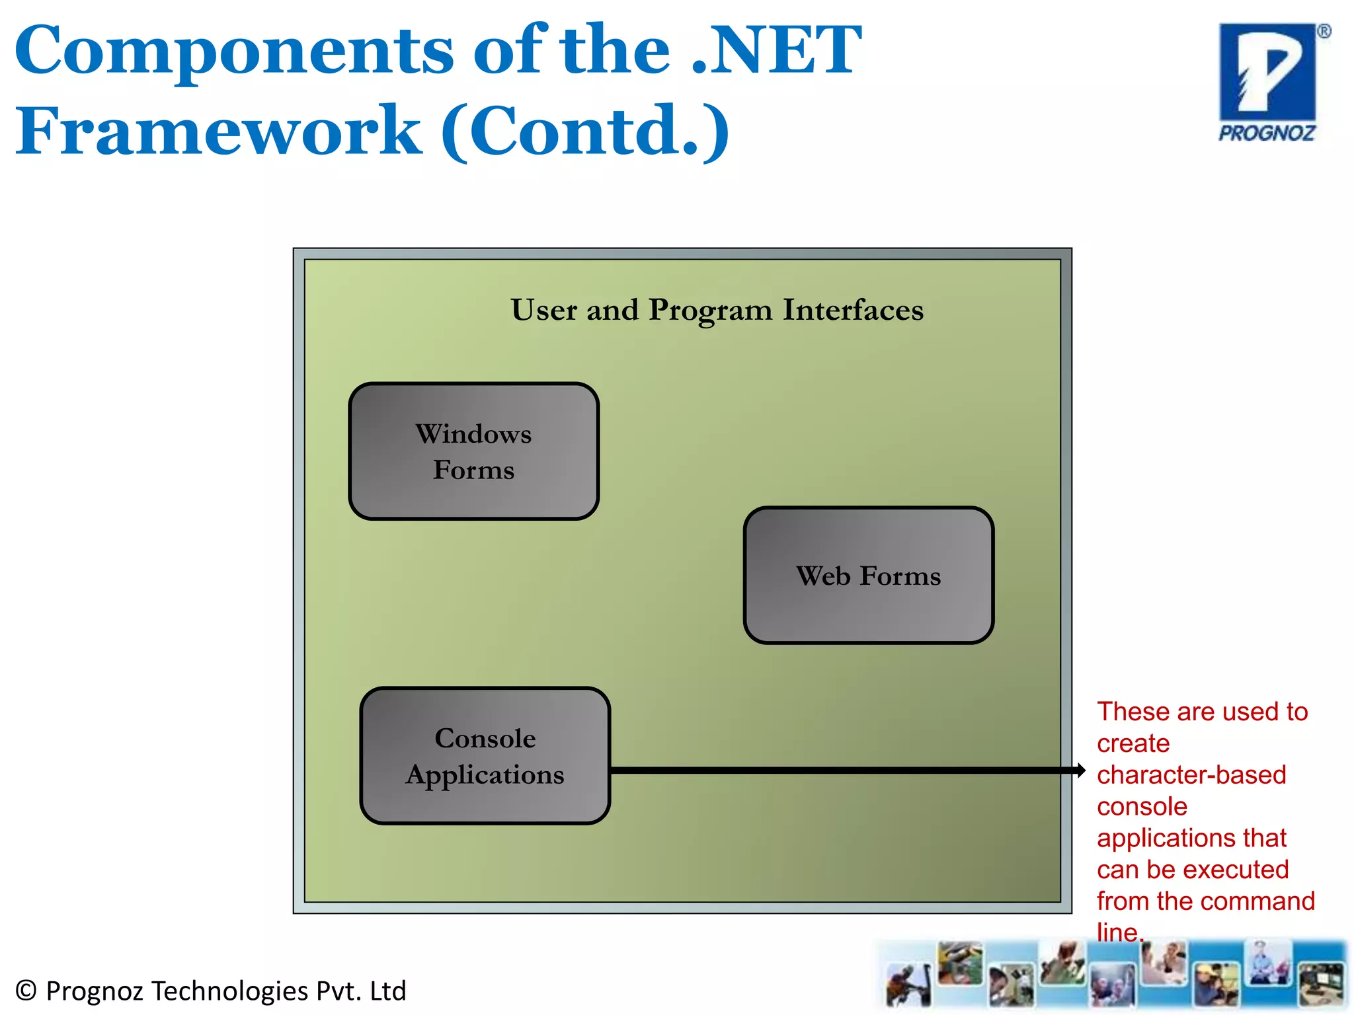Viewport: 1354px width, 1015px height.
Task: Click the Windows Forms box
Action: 473,451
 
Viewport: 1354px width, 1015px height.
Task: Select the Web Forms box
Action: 868,576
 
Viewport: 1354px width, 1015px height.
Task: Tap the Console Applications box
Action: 485,756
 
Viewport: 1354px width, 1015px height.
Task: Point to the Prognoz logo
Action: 1267,82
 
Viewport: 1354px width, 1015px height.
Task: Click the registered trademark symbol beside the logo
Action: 1324,32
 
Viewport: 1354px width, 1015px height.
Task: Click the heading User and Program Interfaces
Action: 717,310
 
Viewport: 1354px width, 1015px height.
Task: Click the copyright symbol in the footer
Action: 26,991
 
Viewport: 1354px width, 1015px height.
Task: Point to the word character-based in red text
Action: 1191,775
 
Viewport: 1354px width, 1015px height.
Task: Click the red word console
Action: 1142,807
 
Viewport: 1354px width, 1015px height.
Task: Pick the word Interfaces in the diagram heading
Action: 853,310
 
